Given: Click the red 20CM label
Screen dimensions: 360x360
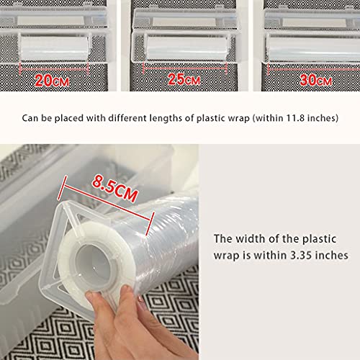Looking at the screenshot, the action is click(x=52, y=80).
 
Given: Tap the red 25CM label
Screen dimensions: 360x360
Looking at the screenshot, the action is click(x=184, y=79).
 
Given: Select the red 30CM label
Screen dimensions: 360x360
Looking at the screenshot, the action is click(x=316, y=80).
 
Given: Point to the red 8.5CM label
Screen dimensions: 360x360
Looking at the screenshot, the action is click(x=115, y=188).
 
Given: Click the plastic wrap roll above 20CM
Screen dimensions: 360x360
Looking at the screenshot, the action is click(x=54, y=49).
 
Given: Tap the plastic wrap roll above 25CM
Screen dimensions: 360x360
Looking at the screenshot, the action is click(x=187, y=48).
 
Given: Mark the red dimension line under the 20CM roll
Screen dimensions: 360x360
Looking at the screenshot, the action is click(x=54, y=68).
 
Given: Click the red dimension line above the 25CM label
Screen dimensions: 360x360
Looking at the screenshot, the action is click(x=185, y=68).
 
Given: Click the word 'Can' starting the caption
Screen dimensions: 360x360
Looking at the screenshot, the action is click(x=30, y=118).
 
